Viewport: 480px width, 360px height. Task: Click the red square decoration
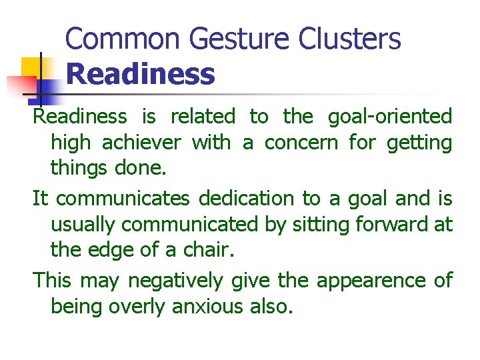[x=21, y=86]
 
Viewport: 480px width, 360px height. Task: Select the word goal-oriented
[x=390, y=117]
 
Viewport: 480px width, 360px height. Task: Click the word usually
[x=83, y=225]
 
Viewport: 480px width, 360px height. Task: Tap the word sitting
[x=316, y=225]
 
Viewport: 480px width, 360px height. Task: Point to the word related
[x=203, y=117]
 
